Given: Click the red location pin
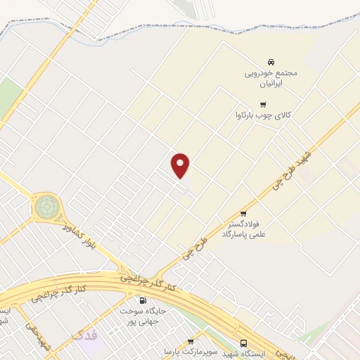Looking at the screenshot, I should point(181,165).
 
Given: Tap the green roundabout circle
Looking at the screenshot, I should point(48,207).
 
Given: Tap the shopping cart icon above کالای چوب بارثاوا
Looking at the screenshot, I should point(263,104).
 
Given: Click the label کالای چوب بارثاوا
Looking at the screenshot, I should point(263,115).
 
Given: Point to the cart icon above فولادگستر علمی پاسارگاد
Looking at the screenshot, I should point(243,212).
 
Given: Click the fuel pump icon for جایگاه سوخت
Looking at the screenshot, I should point(143,300).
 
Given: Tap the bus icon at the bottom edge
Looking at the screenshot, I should point(243,343).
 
